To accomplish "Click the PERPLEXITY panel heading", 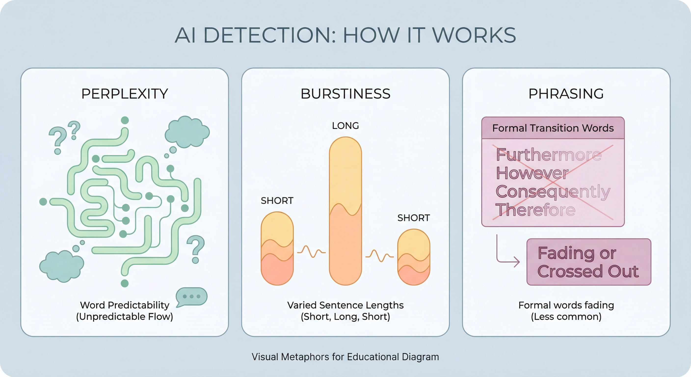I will pyautogui.click(x=124, y=94).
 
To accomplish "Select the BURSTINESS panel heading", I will pyautogui.click(x=345, y=94).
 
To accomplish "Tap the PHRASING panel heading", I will pyautogui.click(x=566, y=94).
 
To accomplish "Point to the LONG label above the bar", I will pyautogui.click(x=345, y=126).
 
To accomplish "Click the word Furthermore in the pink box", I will pyautogui.click(x=549, y=155).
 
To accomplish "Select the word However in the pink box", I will pyautogui.click(x=532, y=173).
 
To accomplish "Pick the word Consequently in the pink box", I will pyautogui.click(x=553, y=192).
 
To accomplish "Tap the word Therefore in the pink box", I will pyautogui.click(x=535, y=210).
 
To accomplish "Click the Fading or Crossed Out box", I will pyautogui.click(x=589, y=262).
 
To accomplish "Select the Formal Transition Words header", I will pyautogui.click(x=553, y=128).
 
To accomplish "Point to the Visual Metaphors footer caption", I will pyautogui.click(x=345, y=357).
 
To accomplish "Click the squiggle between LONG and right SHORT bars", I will pyautogui.click(x=380, y=256).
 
